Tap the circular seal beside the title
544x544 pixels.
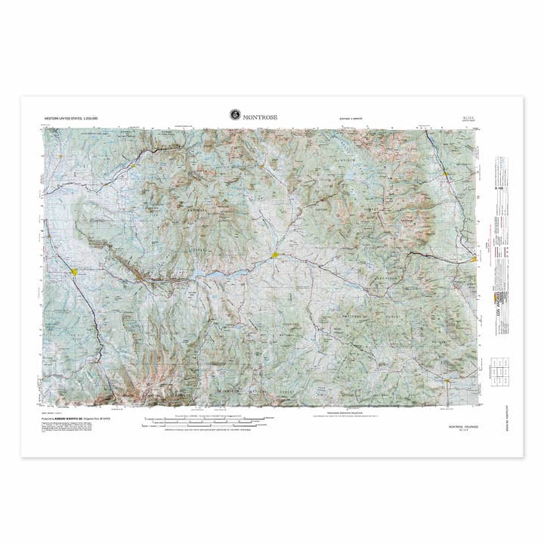click(235, 115)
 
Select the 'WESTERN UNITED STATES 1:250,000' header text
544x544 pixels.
click(71, 119)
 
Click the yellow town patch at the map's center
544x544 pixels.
click(276, 255)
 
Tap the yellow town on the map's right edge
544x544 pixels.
click(474, 258)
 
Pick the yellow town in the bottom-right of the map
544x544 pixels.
click(448, 381)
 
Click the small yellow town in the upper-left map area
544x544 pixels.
click(133, 165)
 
